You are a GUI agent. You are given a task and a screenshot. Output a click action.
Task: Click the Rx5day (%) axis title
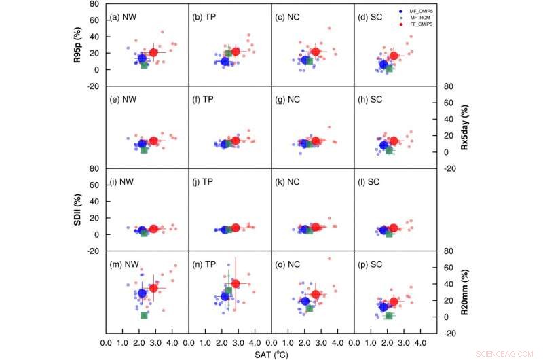click(x=464, y=127)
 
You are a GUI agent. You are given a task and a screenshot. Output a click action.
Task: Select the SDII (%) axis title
click(x=78, y=210)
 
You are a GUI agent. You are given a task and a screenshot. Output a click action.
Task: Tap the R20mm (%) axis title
click(x=464, y=292)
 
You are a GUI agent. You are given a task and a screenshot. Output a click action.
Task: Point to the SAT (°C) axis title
click(x=271, y=354)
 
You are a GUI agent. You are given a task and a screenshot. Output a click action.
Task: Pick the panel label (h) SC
click(x=371, y=99)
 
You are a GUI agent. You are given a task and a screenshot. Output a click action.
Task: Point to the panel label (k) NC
click(x=288, y=182)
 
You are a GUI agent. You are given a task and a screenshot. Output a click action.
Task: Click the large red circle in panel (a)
click(x=153, y=52)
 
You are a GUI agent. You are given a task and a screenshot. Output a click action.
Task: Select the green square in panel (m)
click(x=144, y=314)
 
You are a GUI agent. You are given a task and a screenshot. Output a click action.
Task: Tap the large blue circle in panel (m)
click(x=142, y=293)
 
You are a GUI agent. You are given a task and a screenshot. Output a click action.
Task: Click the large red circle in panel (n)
click(x=236, y=283)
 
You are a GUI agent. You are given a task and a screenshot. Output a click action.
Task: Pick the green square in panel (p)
click(x=389, y=316)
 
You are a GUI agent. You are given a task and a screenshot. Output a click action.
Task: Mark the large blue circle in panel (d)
click(x=383, y=65)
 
